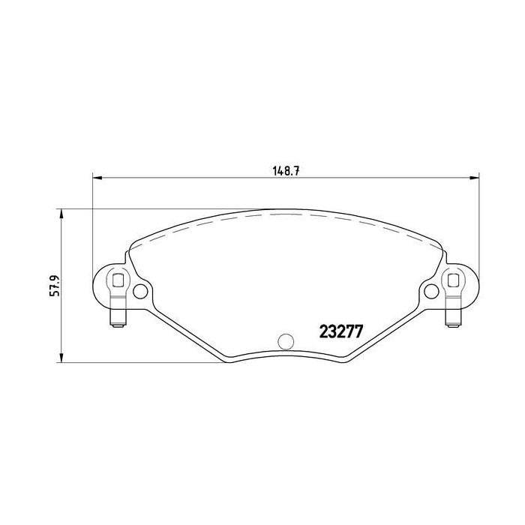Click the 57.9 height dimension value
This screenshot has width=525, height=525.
click(55, 286)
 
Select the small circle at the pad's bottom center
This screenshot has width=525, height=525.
click(284, 341)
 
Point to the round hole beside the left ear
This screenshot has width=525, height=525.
click(140, 291)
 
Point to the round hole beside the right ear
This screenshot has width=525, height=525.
click(429, 291)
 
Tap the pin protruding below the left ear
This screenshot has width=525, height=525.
click(117, 319)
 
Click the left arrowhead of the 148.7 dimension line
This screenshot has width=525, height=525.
click(96, 178)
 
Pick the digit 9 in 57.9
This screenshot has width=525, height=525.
click(55, 276)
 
